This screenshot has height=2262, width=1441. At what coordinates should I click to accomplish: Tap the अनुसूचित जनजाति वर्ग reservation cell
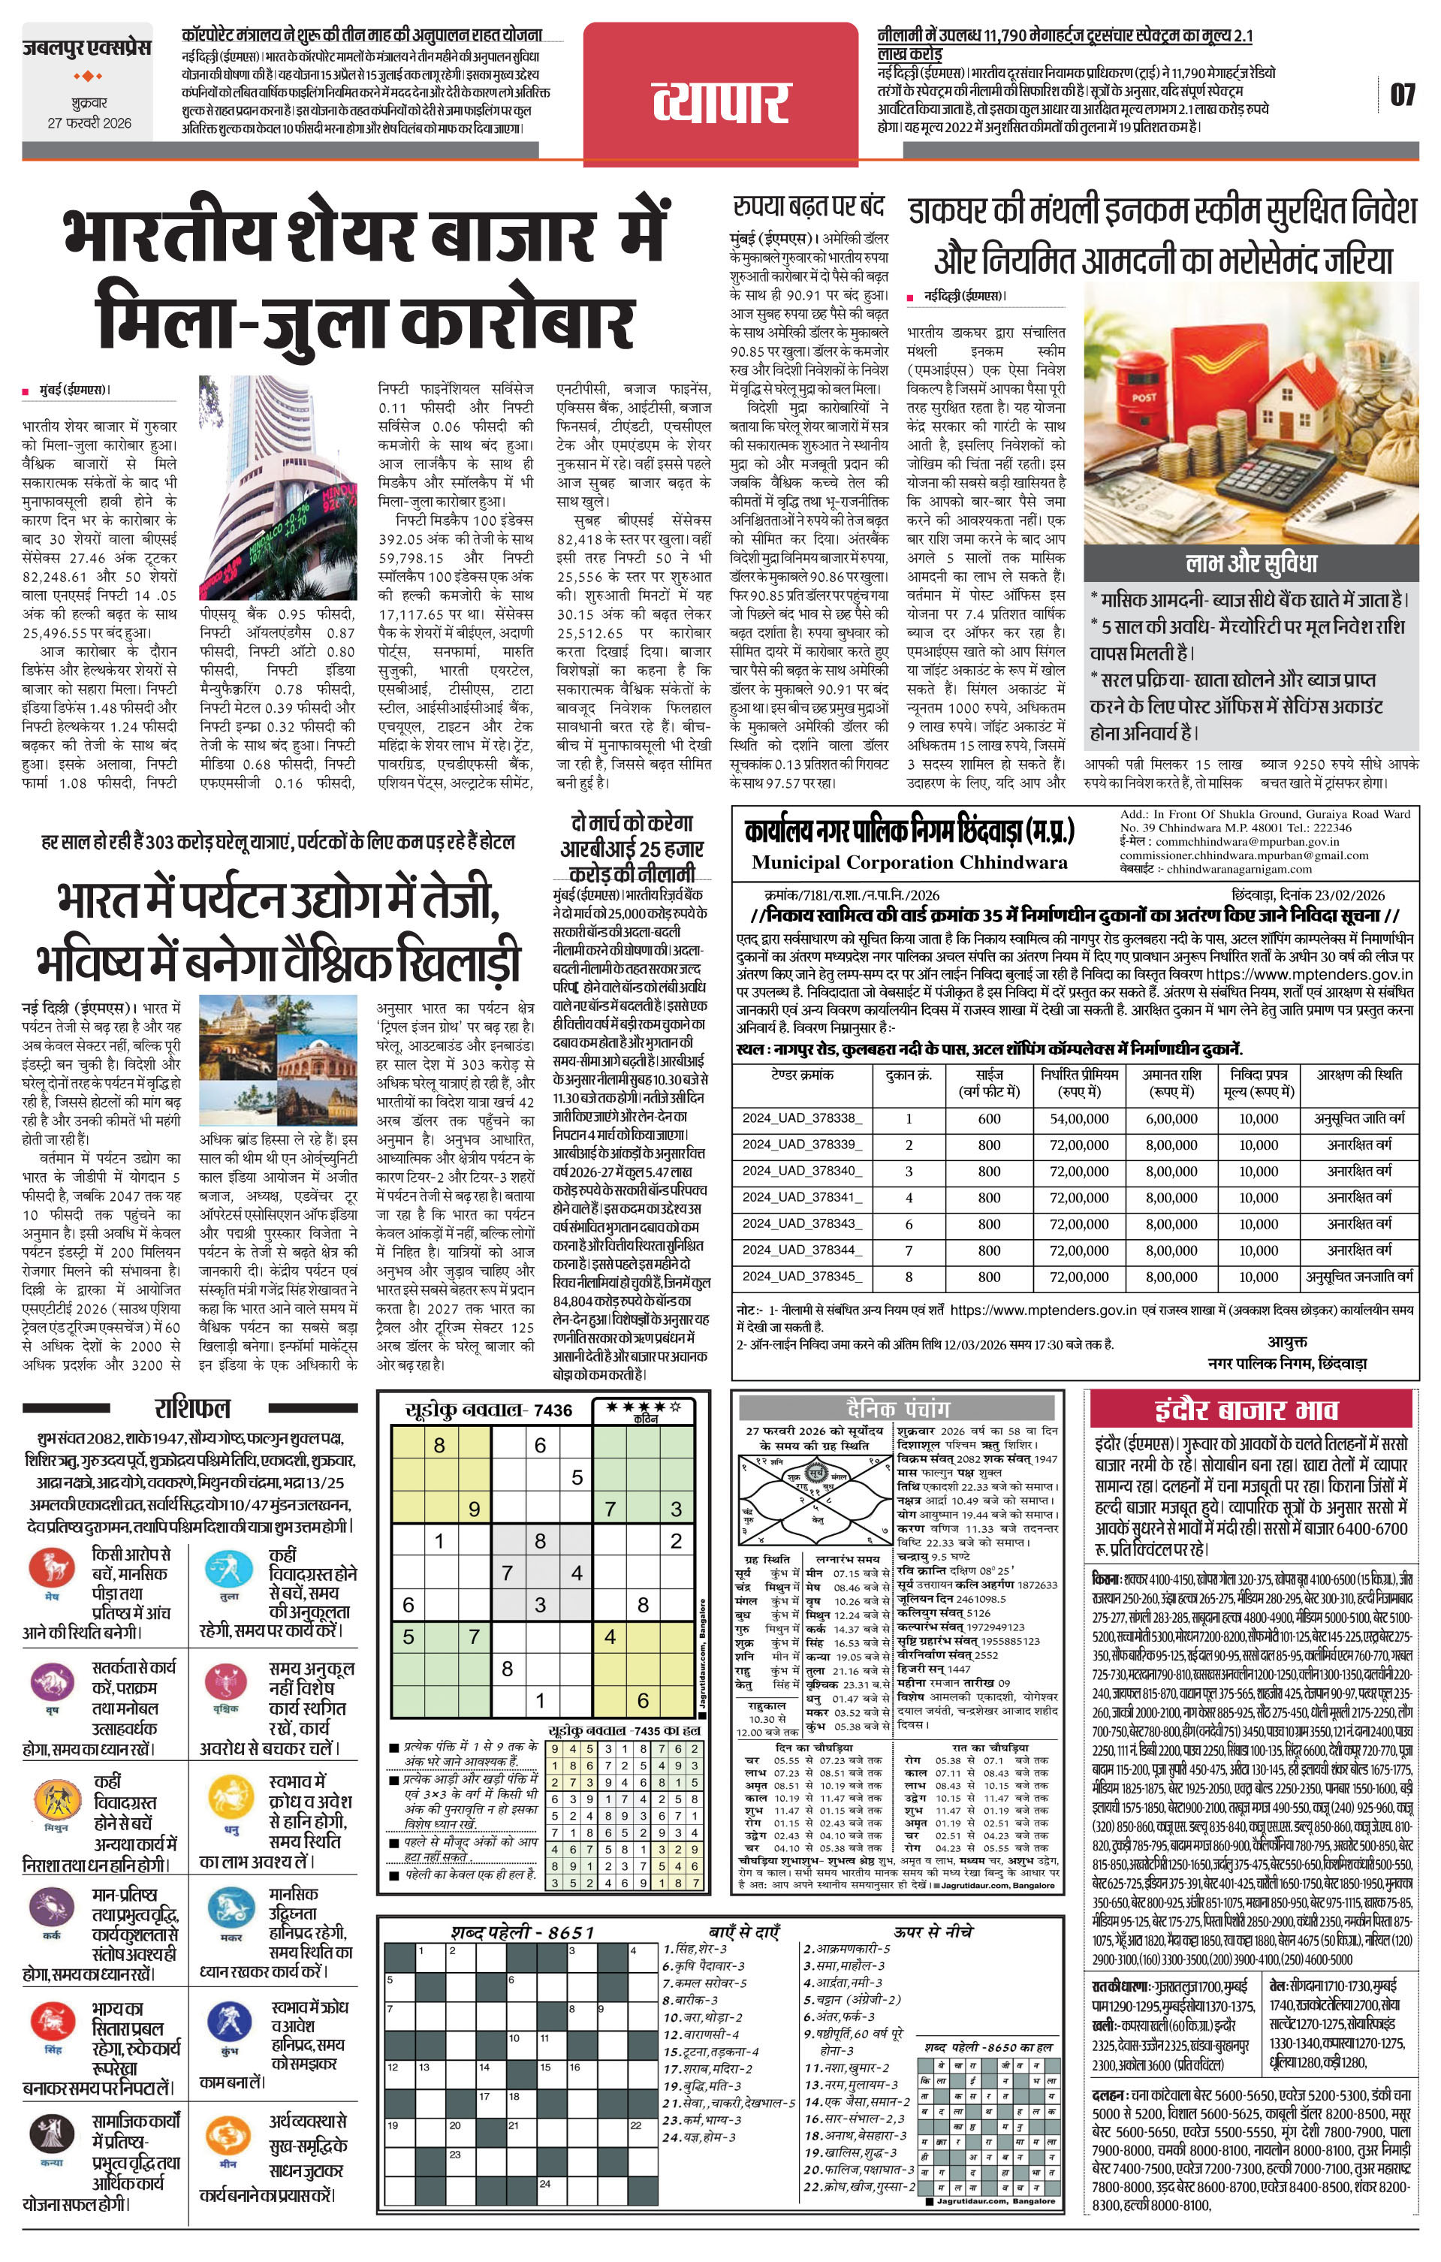pos(1359,1277)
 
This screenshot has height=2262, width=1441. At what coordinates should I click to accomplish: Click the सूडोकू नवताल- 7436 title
pos(489,1410)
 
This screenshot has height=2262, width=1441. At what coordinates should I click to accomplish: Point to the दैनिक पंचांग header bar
pos(897,1408)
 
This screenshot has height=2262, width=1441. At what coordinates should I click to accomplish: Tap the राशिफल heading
pos(191,1408)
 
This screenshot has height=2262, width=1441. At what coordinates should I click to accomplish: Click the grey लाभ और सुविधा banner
pos(1250,563)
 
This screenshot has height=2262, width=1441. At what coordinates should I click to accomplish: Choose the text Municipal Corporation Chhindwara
pos(909,862)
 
